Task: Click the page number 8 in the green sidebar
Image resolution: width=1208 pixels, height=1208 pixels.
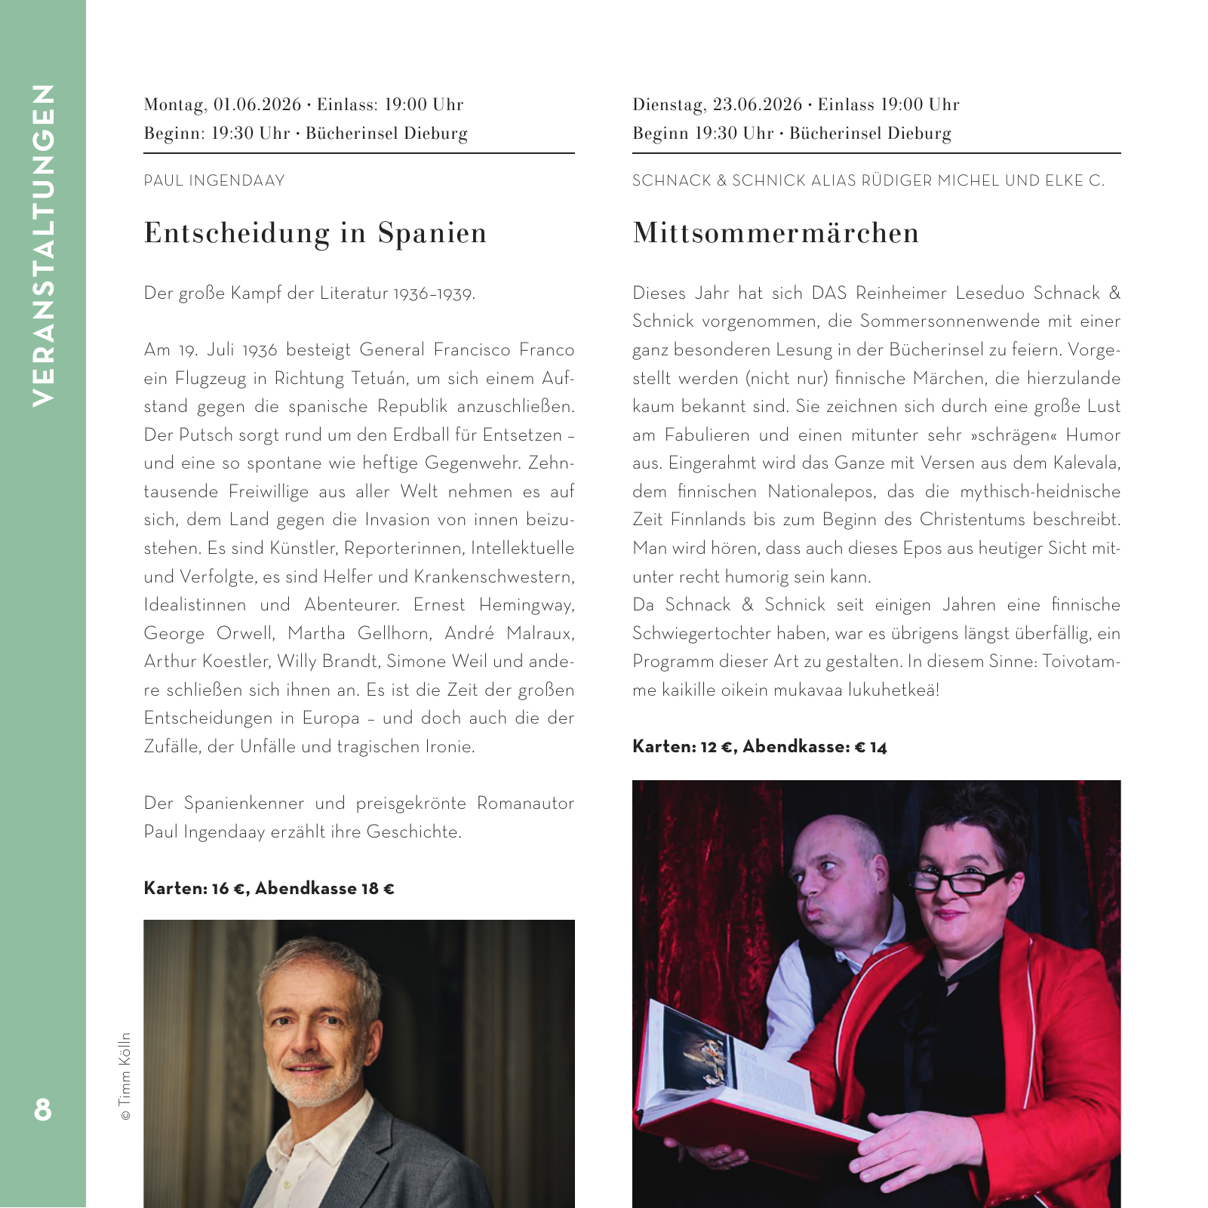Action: (x=43, y=1109)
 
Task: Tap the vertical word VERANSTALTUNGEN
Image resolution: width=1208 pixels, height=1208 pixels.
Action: (x=43, y=245)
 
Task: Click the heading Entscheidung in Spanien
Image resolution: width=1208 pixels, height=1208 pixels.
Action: (x=315, y=233)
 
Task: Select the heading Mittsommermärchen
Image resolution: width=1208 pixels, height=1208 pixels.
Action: (x=776, y=233)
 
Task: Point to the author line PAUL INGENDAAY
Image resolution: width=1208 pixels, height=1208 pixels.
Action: (x=214, y=181)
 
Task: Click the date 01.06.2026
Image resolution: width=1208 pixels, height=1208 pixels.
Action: (x=257, y=105)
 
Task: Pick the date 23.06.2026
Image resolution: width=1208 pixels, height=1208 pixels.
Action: (x=757, y=105)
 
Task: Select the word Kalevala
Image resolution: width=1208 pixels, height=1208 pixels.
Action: (x=1087, y=463)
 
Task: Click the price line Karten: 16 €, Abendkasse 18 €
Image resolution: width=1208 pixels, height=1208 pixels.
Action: (x=269, y=889)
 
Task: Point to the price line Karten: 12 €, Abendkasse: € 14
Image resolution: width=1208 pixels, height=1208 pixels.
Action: (x=759, y=747)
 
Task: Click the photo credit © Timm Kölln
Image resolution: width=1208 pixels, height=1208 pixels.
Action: (x=125, y=1076)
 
